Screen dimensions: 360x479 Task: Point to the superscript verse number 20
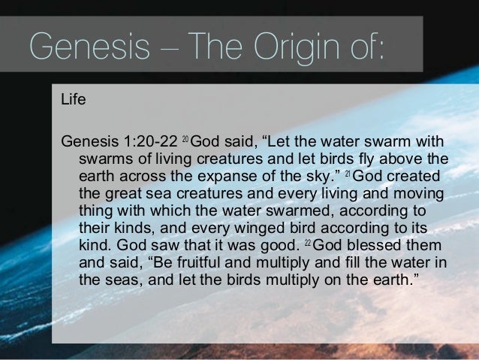pyautogui.click(x=187, y=141)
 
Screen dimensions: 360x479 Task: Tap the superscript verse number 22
pyautogui.click(x=306, y=245)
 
